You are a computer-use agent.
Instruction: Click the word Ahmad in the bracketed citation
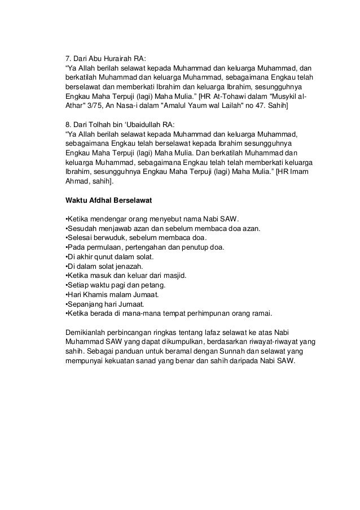tap(77, 182)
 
